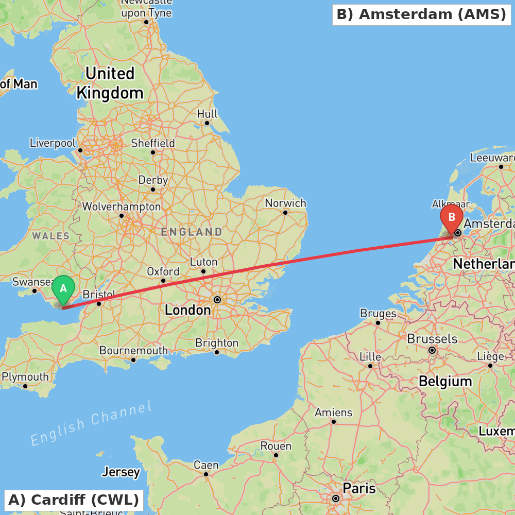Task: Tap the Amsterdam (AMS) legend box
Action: (x=421, y=14)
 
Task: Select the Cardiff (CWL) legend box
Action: (x=74, y=500)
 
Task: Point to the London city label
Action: (x=187, y=310)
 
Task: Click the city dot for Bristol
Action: (x=99, y=303)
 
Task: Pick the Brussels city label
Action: (x=432, y=339)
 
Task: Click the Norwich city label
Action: (x=285, y=203)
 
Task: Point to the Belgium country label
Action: (x=445, y=382)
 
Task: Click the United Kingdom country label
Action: (x=110, y=83)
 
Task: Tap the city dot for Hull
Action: (x=207, y=123)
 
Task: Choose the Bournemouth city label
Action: (x=133, y=351)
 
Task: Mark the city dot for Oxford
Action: (x=163, y=281)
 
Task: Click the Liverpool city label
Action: (x=53, y=143)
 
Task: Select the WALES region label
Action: (x=50, y=236)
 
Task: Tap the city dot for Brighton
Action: (x=217, y=352)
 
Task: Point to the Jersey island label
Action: (x=121, y=472)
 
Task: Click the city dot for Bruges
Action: (x=377, y=323)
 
